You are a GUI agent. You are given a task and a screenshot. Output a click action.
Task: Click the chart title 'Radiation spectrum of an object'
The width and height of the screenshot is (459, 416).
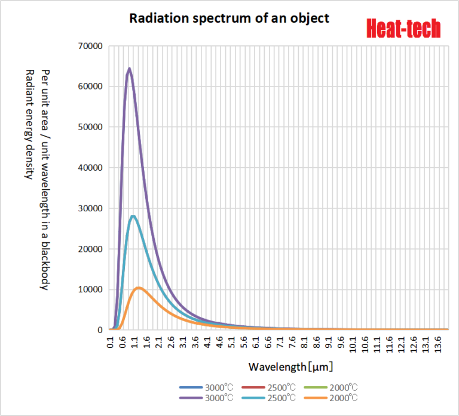[x=229, y=18]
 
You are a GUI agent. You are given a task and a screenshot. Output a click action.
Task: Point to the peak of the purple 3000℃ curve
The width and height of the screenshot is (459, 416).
[x=129, y=69]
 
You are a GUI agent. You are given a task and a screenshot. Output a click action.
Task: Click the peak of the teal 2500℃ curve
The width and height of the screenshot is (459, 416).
[x=133, y=216]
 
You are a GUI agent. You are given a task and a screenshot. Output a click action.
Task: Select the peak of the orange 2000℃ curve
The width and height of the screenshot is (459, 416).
[x=139, y=288]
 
